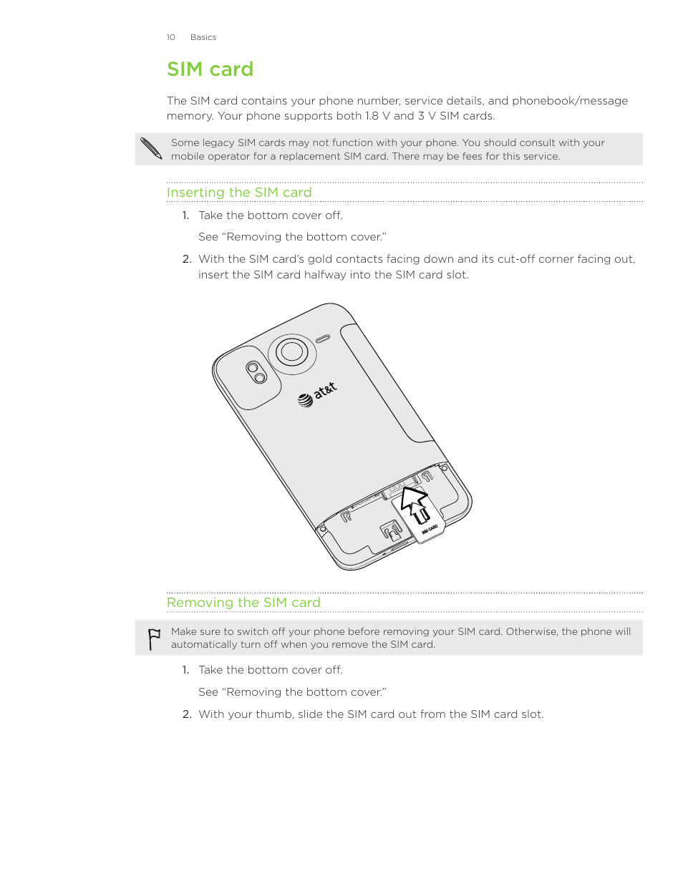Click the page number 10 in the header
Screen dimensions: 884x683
coord(170,37)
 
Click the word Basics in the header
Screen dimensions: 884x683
coord(203,37)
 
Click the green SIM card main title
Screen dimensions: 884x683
coord(210,69)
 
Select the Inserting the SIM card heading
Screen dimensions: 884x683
coord(239,193)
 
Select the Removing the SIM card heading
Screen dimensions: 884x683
coord(243,603)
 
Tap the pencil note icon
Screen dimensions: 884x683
coord(151,148)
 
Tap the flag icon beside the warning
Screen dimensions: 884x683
coord(154,638)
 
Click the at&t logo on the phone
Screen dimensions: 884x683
coord(317,394)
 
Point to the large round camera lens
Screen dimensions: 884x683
coord(291,351)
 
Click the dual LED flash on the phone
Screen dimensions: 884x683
coord(256,373)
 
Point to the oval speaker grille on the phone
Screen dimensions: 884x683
coord(323,339)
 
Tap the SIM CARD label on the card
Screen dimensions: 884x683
coord(430,530)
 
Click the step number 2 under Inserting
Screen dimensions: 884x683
coord(186,259)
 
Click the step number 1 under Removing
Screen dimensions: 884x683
coord(185,670)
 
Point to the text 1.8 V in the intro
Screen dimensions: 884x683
coord(377,116)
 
